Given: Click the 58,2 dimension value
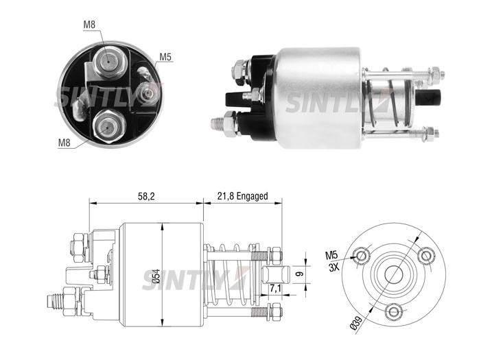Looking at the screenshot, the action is coord(146,196).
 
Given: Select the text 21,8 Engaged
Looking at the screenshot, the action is coord(242,196).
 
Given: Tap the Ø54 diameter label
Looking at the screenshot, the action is coord(156,276).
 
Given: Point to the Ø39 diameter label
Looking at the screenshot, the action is coord(356,322).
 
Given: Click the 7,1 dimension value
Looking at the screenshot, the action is coord(275,289).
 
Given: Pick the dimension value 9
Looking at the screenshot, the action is coord(300,273).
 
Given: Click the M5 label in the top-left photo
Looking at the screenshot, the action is coord(165,57).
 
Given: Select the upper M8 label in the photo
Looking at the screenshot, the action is coord(89,25).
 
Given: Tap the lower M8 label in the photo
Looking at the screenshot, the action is coord(64,142).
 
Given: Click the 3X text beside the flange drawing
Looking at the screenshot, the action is coord(333,267).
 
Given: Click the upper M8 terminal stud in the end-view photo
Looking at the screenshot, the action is coord(110,62).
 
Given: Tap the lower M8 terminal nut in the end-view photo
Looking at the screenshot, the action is coord(109,126).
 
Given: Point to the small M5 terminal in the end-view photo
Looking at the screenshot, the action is coord(148,93).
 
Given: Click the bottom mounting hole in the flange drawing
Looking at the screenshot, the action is coord(394,312).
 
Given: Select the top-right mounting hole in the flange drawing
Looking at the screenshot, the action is coord(426,255).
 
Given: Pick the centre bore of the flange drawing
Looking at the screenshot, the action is coord(394,274).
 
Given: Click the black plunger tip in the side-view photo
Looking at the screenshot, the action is coord(428,97).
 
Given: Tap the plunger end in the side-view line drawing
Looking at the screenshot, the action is coord(277,275).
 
